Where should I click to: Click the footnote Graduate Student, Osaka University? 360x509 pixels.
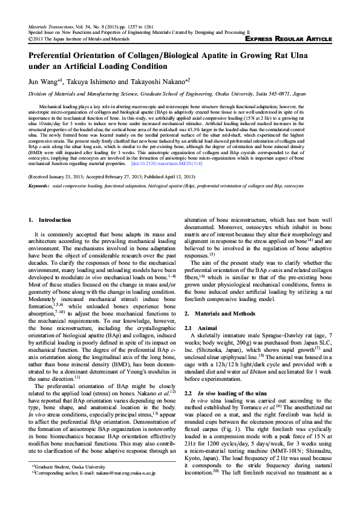click(67, 484)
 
